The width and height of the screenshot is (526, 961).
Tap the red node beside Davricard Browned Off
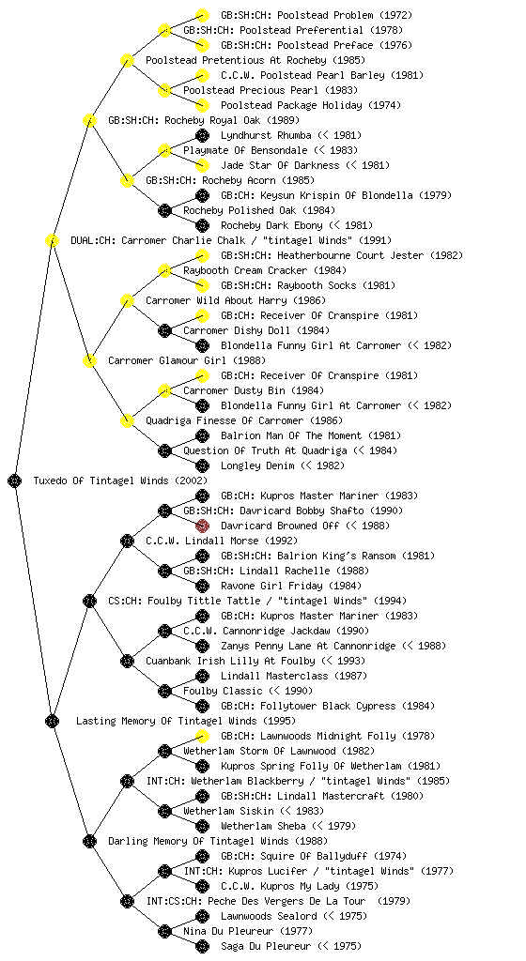[202, 526]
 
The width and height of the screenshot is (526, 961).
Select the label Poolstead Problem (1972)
[317, 15]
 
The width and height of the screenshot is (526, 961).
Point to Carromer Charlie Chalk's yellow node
[52, 240]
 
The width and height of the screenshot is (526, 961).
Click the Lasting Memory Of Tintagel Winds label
[166, 722]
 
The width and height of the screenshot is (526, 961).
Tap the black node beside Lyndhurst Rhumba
[202, 135]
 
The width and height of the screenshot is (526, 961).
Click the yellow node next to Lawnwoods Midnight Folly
[202, 736]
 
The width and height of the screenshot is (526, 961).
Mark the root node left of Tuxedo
[15, 481]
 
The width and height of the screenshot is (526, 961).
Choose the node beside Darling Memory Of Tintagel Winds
[89, 841]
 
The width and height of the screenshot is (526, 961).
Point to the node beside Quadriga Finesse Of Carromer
[127, 420]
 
